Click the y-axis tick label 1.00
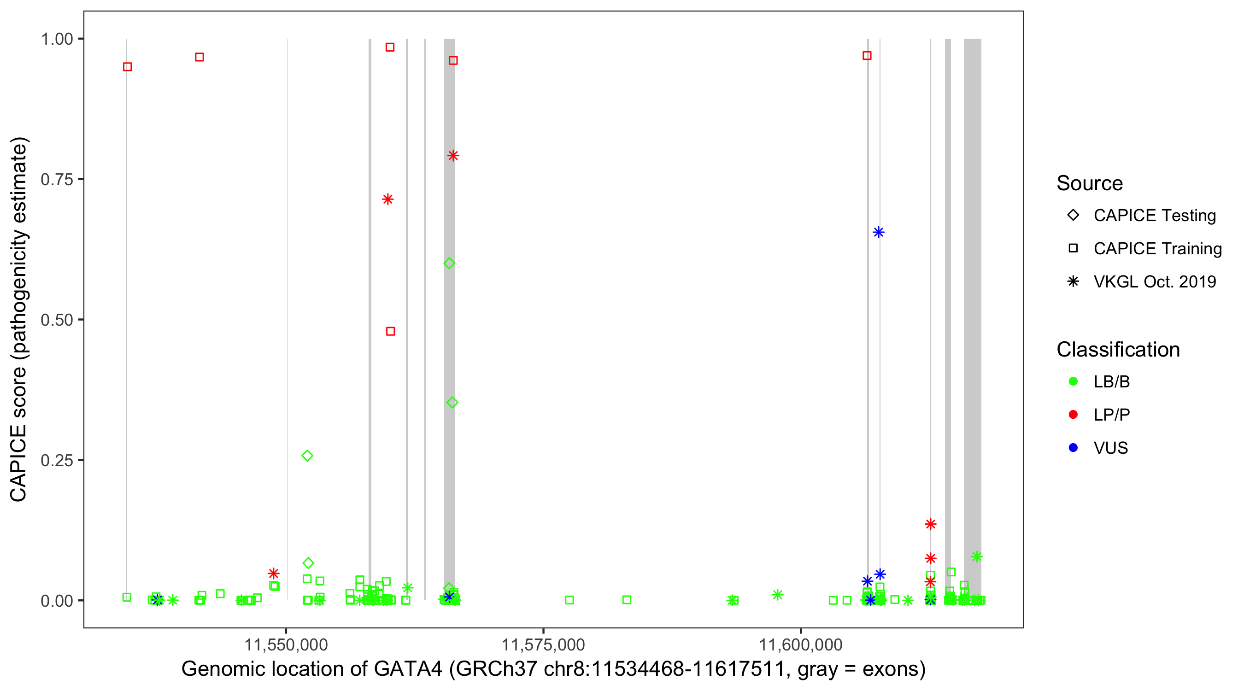tap(57, 39)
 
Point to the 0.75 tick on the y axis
tap(57, 179)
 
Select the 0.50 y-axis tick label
tap(57, 320)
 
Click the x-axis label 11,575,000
tap(543, 644)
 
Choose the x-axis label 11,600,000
tap(801, 644)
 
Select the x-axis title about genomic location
tap(553, 669)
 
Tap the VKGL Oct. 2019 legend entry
tap(1155, 281)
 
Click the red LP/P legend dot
tap(1073, 415)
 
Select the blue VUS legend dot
tap(1073, 448)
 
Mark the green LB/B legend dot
tap(1073, 381)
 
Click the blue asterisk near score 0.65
tap(879, 232)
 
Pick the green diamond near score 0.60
tap(449, 263)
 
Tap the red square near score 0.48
tap(391, 331)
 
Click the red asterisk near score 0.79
tap(453, 156)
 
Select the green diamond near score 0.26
tap(307, 456)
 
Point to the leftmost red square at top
tap(128, 67)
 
